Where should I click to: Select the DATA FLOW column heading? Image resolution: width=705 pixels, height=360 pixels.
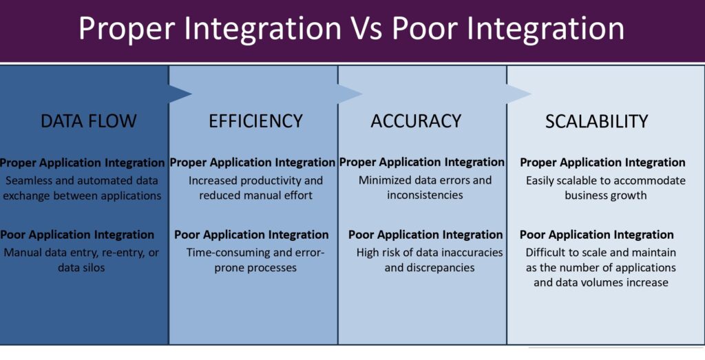(89, 121)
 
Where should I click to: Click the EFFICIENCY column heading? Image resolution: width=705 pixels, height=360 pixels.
(255, 121)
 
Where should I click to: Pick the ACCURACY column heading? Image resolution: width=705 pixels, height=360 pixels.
(416, 121)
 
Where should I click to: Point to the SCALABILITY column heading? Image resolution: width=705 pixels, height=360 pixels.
(597, 121)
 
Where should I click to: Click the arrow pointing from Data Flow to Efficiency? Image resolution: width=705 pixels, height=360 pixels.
(180, 94)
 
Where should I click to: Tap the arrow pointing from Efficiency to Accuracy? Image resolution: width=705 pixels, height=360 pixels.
(350, 94)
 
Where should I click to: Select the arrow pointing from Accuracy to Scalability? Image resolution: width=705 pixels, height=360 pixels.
(519, 94)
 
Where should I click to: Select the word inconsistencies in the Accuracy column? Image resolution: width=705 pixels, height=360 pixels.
(425, 195)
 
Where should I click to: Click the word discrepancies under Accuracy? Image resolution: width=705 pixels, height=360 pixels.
(446, 268)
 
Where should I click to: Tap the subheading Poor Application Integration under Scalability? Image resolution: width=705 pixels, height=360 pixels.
(597, 235)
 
